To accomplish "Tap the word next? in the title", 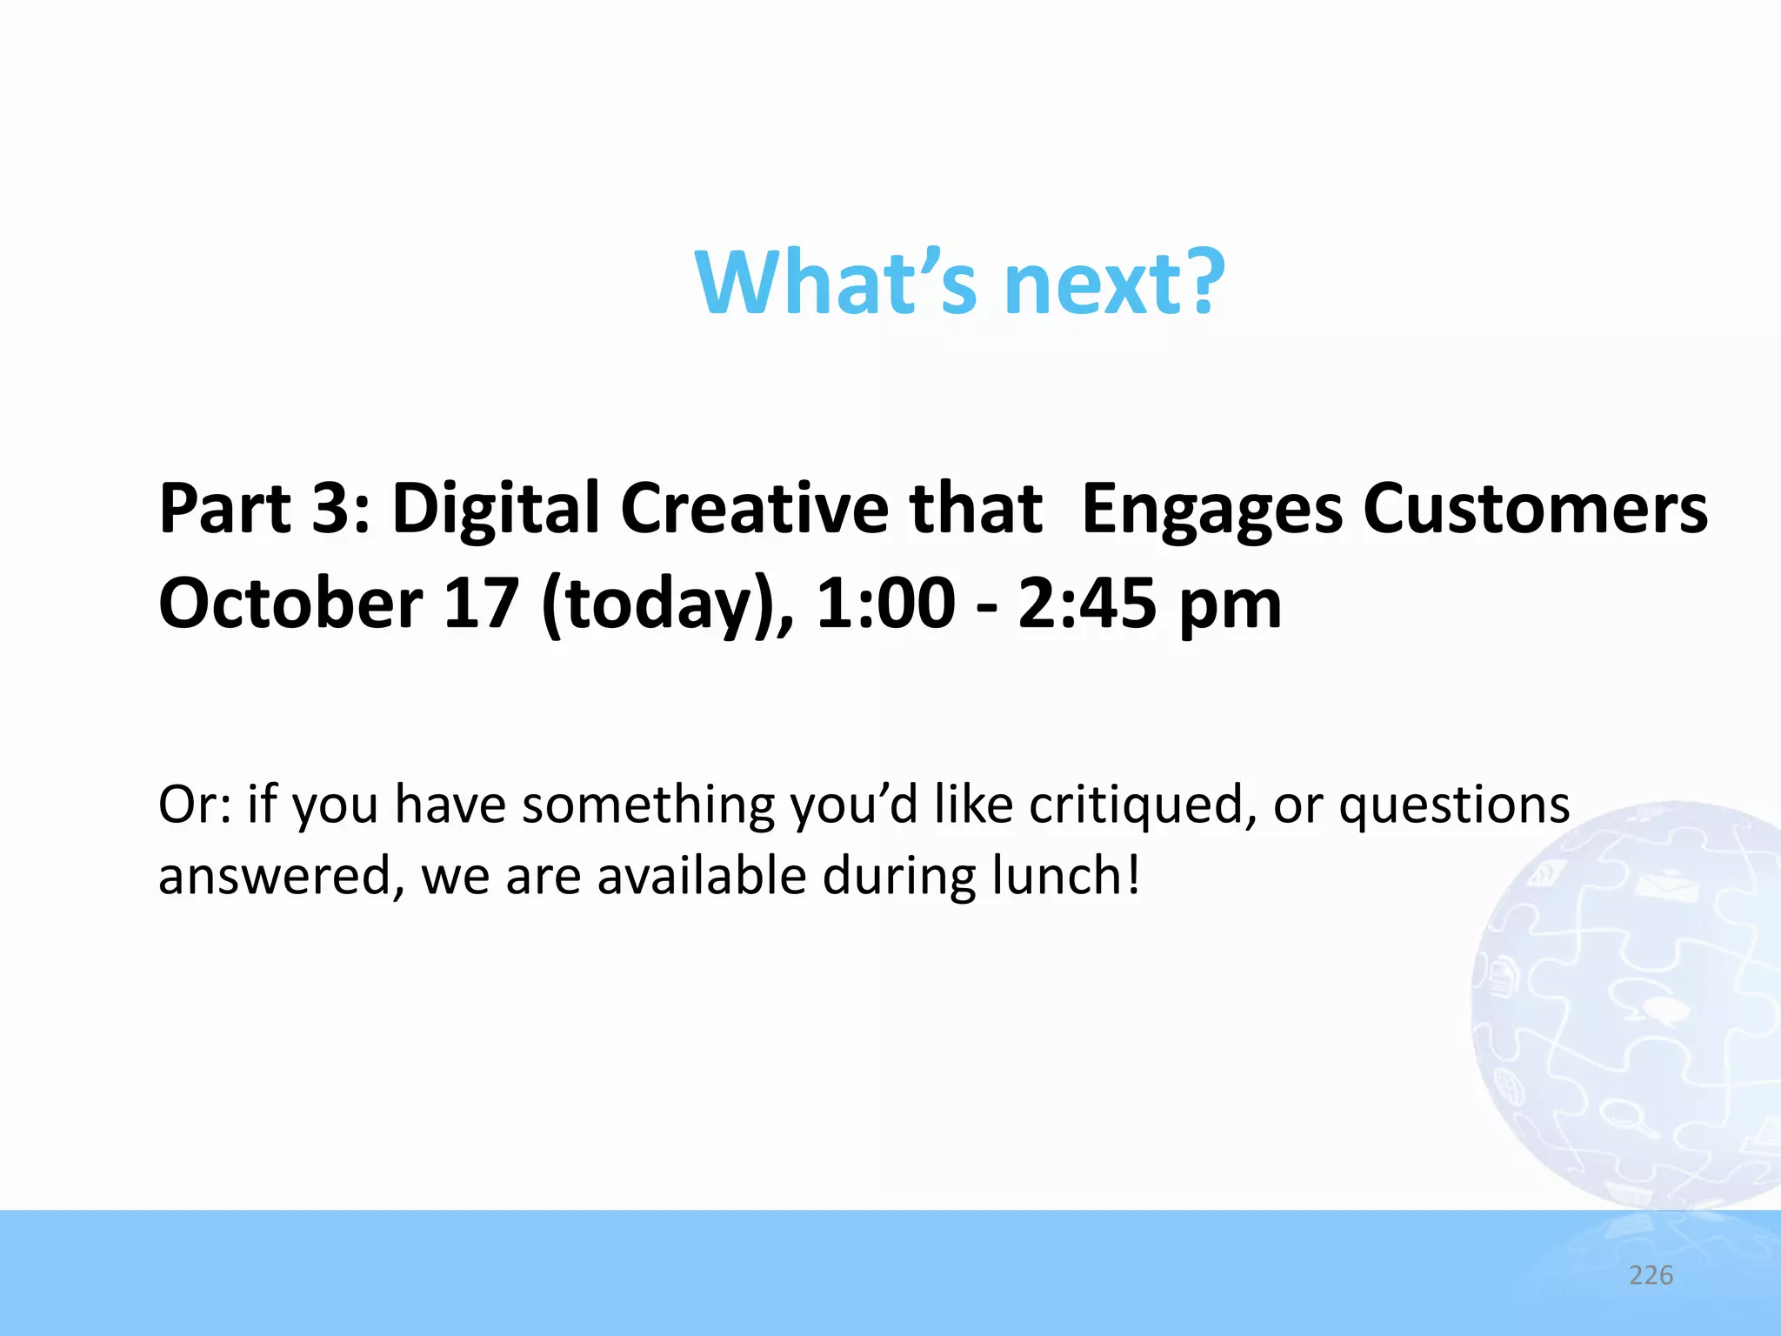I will pyautogui.click(x=1114, y=283).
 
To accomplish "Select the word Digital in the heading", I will pyautogui.click(x=496, y=510).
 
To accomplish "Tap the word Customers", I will pyautogui.click(x=1535, y=508).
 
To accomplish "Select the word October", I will pyautogui.click(x=290, y=604).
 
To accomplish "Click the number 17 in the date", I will pyautogui.click(x=481, y=604).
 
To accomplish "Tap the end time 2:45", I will pyautogui.click(x=1087, y=604).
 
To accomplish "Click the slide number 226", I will pyautogui.click(x=1651, y=1275).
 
